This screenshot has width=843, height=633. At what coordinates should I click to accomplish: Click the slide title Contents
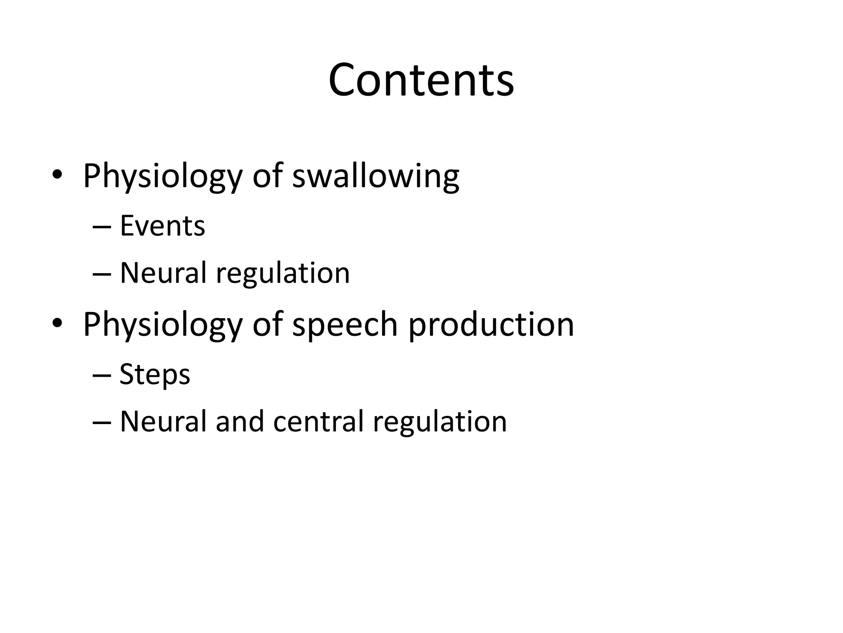point(421,80)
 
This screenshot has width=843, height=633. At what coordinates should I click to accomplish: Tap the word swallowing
point(375,176)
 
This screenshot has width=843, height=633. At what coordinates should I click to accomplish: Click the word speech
point(345,324)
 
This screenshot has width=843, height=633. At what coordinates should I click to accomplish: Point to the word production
point(491,324)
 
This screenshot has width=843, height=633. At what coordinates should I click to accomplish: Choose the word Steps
point(155,375)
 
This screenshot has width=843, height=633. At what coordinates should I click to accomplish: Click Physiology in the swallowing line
point(163,176)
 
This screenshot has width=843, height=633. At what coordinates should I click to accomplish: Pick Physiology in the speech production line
point(163,324)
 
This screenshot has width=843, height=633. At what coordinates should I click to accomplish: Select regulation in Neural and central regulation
point(440,422)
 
